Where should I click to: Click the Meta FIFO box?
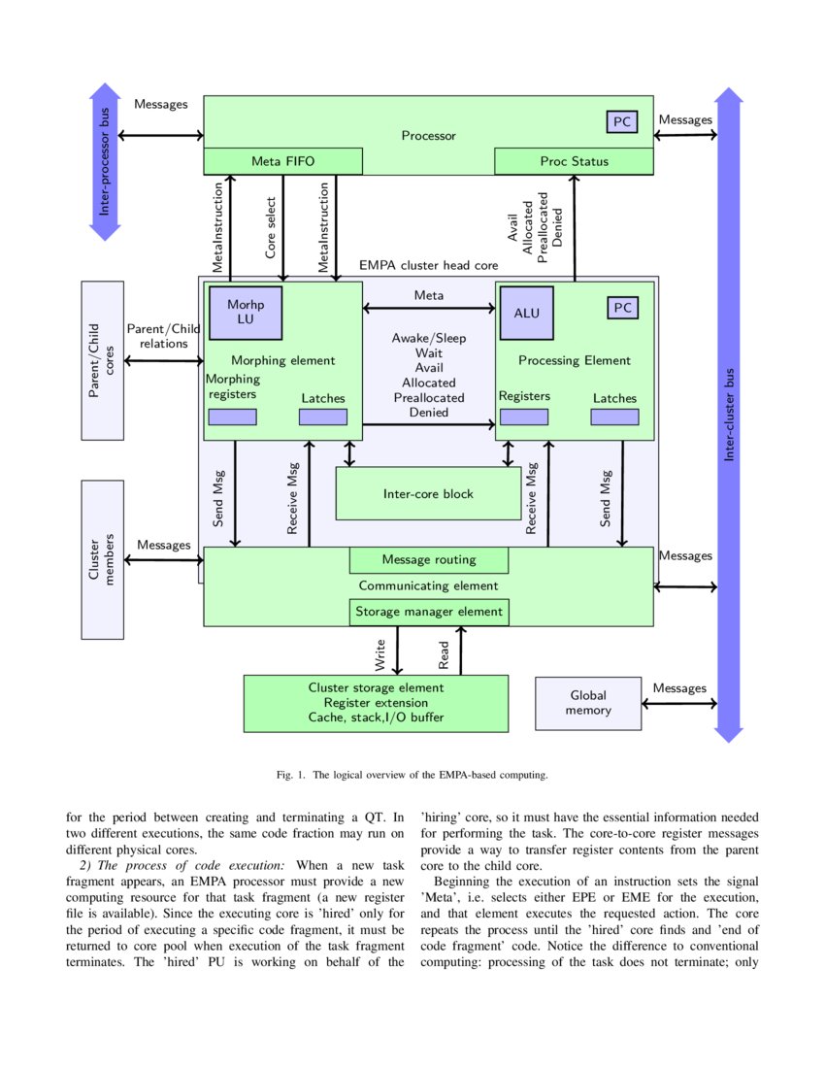(x=282, y=161)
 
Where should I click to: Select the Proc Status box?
(x=574, y=161)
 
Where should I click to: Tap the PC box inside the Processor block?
(x=622, y=121)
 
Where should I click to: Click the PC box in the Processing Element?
(x=622, y=308)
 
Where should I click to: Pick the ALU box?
(x=526, y=313)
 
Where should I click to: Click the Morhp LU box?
(x=246, y=311)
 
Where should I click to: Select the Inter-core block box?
(x=428, y=493)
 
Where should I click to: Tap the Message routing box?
(x=428, y=560)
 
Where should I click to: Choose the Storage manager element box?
(x=428, y=612)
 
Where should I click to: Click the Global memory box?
(x=588, y=703)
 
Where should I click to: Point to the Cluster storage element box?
(x=375, y=703)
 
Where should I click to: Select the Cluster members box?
(x=103, y=558)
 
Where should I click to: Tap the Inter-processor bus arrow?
(x=104, y=162)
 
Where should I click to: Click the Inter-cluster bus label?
(x=729, y=415)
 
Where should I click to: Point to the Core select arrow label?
(x=272, y=229)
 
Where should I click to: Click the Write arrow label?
(x=380, y=654)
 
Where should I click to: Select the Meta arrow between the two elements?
(x=428, y=309)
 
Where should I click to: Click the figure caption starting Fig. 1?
(x=412, y=775)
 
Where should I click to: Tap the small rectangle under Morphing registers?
(x=232, y=417)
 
